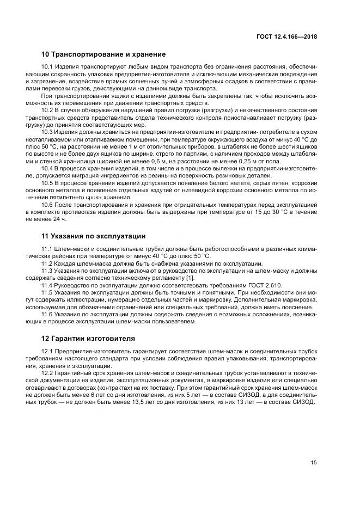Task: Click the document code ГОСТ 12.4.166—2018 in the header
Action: pyautogui.click(x=286, y=36)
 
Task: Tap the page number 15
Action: pyautogui.click(x=314, y=463)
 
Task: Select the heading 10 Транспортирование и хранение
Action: pyautogui.click(x=103, y=54)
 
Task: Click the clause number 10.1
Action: pyautogui.click(x=48, y=67)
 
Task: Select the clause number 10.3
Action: pyautogui.click(x=48, y=132)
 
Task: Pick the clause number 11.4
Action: pyautogui.click(x=48, y=285)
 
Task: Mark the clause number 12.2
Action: pyautogui.click(x=48, y=374)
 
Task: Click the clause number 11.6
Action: pyautogui.click(x=48, y=314)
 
